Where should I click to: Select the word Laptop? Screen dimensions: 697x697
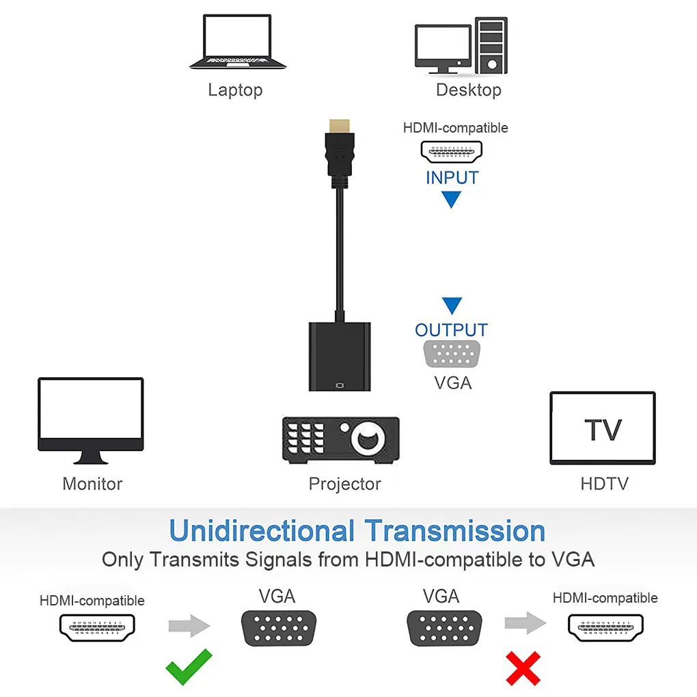[x=235, y=90]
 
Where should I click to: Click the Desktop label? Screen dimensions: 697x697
[x=468, y=90]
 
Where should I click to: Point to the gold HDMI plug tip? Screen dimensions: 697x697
[x=339, y=125]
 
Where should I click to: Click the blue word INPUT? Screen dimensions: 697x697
[x=452, y=178]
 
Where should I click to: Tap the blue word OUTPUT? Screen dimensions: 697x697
[x=451, y=330]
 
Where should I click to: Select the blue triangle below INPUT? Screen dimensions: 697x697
[x=451, y=200]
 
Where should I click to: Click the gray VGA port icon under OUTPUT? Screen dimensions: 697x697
[x=452, y=354]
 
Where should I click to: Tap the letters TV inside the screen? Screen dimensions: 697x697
[x=603, y=430]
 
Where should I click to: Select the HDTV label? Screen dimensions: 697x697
[x=604, y=484]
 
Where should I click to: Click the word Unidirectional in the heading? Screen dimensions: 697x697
[x=262, y=531]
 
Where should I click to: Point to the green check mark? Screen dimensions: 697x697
[x=189, y=668]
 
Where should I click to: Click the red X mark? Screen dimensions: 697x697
[x=523, y=668]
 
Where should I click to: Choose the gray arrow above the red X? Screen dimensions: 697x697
[x=525, y=623]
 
